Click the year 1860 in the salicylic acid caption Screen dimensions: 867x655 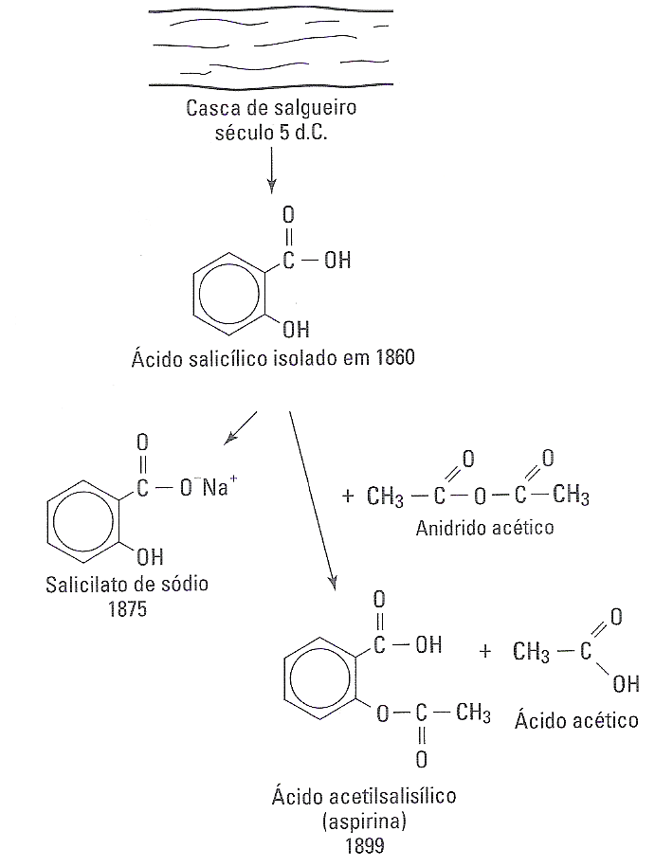[x=394, y=360]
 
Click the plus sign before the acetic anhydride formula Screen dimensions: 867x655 [x=347, y=494]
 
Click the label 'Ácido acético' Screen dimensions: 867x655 [x=576, y=720]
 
